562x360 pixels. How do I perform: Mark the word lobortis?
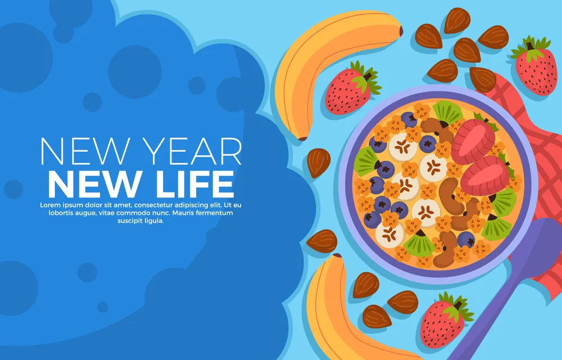tap(60, 213)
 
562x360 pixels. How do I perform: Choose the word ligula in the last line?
tap(155, 221)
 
